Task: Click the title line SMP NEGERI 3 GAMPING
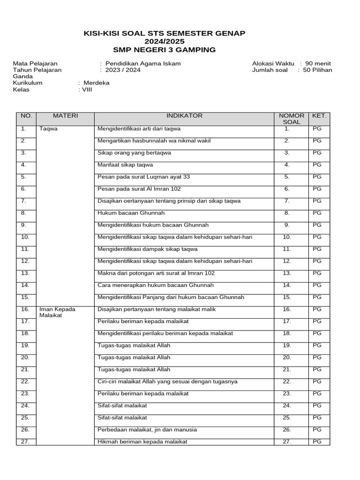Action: click(164, 50)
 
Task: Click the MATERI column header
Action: click(65, 116)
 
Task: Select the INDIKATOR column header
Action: click(184, 116)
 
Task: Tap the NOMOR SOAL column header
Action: click(292, 119)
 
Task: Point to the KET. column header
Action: click(319, 116)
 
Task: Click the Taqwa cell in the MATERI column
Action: click(49, 128)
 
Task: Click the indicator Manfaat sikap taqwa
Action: click(125, 165)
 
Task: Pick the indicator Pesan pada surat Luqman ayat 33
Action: click(143, 177)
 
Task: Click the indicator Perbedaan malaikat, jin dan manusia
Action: click(147, 429)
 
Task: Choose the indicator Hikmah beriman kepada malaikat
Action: click(142, 442)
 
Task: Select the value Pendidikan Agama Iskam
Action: click(143, 64)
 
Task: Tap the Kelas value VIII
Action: click(87, 90)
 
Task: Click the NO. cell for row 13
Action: click(25, 273)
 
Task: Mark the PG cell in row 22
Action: click(317, 381)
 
